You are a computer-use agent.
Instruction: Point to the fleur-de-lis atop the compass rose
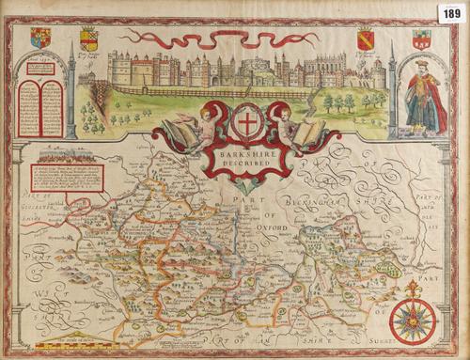tap(413, 287)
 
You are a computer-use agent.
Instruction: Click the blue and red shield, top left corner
tap(40, 39)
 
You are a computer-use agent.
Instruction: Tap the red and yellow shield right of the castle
tap(365, 40)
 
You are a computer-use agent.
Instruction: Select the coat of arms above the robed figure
tap(419, 39)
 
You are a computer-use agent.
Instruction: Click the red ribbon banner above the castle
tap(221, 38)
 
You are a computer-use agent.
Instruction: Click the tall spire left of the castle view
tap(71, 89)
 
